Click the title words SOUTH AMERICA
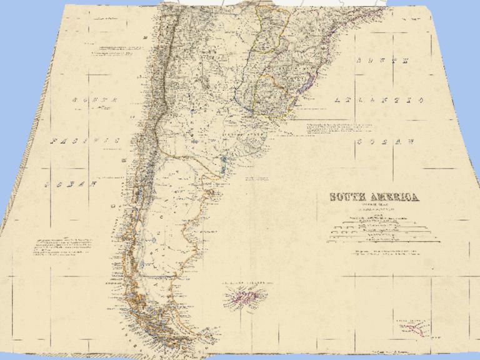point(374,197)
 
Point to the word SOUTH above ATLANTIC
point(382,61)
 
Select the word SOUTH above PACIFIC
point(94,100)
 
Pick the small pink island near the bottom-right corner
point(412,327)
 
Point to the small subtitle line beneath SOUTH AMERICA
point(374,207)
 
